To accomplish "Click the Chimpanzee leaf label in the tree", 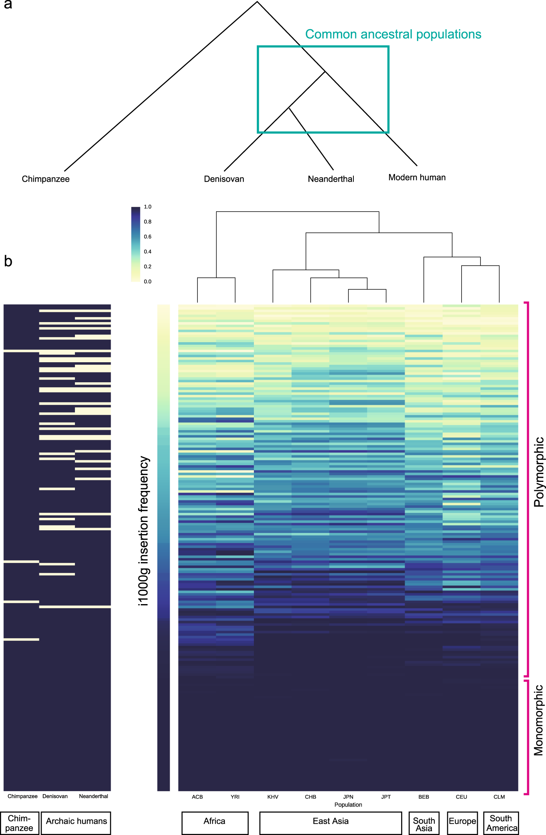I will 45,179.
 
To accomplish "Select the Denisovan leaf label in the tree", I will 224,179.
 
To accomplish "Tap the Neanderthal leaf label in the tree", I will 331,179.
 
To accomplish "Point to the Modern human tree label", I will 417,178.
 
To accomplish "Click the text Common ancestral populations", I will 393,34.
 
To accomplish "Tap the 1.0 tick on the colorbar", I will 148,207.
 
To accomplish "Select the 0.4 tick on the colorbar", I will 148,252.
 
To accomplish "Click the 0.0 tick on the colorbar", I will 148,282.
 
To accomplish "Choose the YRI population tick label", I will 235,797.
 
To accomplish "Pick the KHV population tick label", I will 273,797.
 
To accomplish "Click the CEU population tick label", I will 461,797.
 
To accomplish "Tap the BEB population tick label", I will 424,797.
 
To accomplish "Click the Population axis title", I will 348,805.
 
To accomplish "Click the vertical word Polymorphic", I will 538,472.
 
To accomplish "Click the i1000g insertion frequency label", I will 144,531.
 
